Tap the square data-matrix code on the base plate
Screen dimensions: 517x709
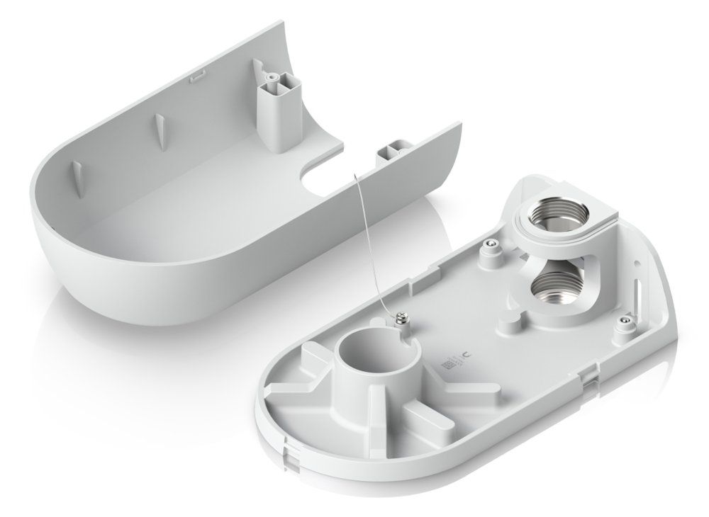[446, 365]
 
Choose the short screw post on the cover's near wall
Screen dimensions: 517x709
[393, 150]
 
